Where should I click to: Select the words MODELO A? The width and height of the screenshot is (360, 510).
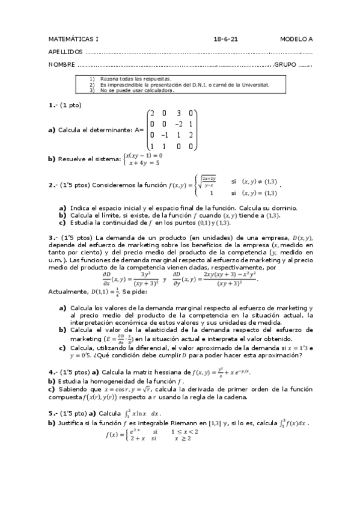click(296, 39)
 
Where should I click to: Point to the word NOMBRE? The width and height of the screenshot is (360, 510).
click(62, 64)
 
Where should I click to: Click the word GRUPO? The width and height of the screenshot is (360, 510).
click(285, 64)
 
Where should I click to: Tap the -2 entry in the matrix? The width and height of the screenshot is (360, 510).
click(179, 124)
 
